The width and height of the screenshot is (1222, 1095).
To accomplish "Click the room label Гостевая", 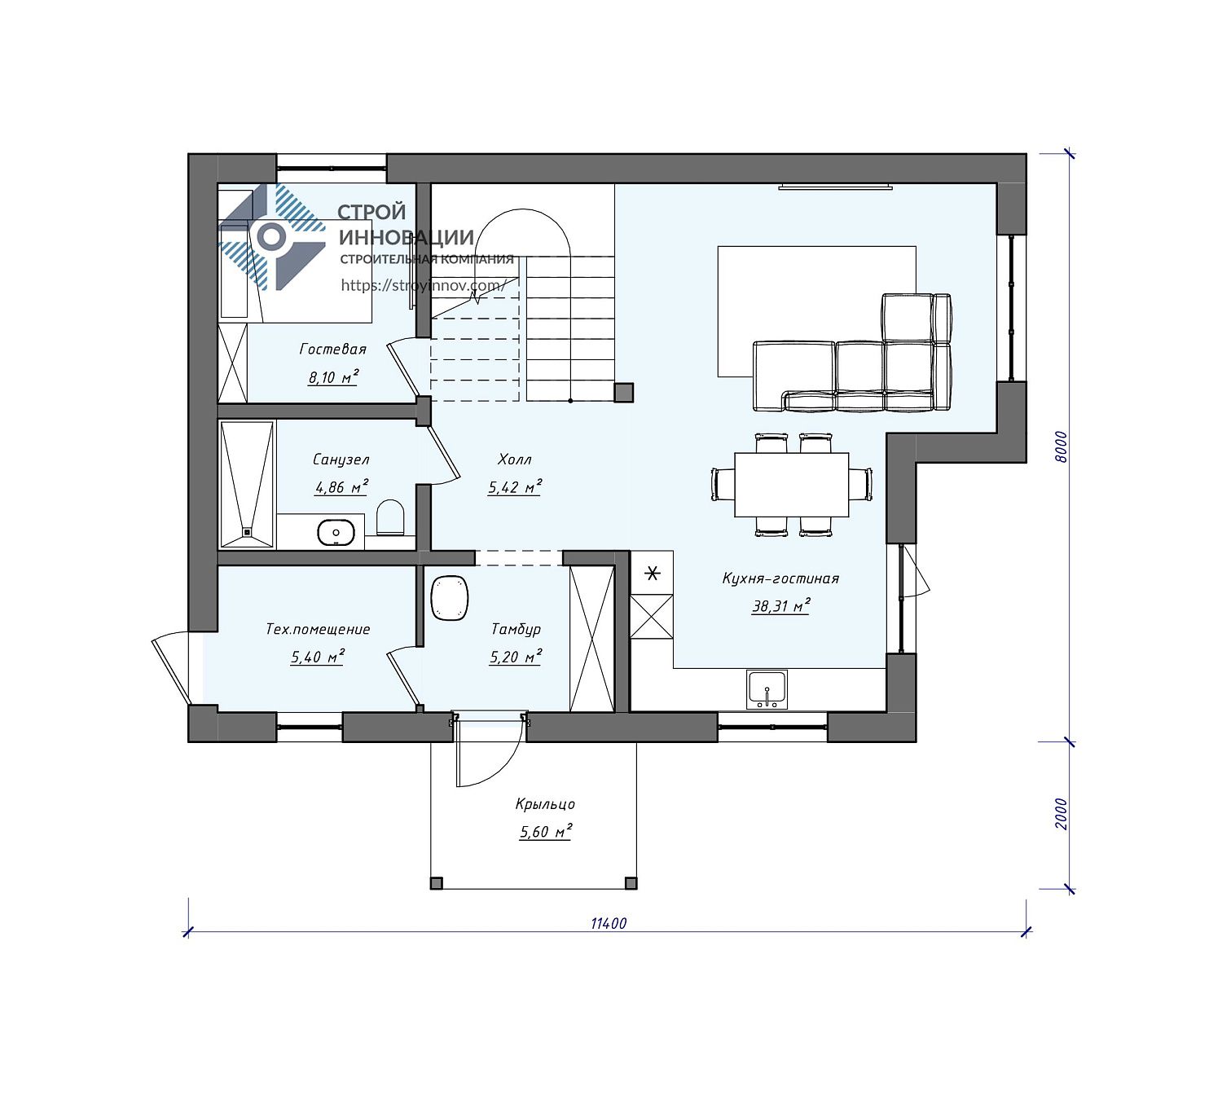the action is coord(333,350).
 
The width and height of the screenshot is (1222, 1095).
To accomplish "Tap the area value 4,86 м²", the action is coord(341,487).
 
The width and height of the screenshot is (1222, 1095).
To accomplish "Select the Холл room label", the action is coord(515,460).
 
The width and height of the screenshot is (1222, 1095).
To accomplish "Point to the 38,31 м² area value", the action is coord(780,605).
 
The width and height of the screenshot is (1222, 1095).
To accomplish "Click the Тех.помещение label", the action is coord(318,629).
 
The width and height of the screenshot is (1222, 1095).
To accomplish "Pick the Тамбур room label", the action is coord(516,629).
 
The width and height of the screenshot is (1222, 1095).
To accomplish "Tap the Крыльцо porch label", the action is coord(545,804).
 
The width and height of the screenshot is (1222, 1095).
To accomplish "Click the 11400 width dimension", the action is coord(609,923).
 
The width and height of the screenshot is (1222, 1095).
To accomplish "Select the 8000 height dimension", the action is coord(1061,447).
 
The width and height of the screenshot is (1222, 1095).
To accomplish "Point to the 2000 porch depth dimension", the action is coord(1061,814).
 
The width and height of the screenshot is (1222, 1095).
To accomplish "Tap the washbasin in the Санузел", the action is coord(336,532).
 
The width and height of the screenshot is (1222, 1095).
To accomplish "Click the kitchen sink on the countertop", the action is coord(767,689).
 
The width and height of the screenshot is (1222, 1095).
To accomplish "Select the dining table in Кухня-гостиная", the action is coord(791,485).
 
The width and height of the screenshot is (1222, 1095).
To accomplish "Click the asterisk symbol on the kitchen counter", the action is coord(652,573).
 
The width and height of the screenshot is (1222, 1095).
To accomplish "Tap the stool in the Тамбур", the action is coord(450,599).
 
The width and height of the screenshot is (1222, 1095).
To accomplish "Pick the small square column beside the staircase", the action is coord(624,393).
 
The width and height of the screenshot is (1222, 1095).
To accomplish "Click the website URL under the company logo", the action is coord(424,285).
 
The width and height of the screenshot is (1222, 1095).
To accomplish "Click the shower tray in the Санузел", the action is coord(248,485).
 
